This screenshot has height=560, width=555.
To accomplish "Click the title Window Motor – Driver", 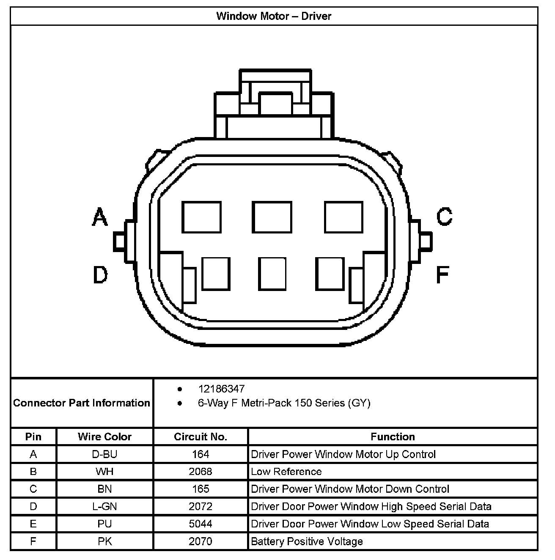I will (274, 16).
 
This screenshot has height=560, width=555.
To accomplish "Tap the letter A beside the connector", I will (100, 217).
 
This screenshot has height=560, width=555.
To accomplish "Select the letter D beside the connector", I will (100, 275).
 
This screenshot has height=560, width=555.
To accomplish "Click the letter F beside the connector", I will (442, 275).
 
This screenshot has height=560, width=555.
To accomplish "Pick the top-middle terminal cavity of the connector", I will (272, 217).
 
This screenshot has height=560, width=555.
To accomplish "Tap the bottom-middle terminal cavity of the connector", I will (272, 274).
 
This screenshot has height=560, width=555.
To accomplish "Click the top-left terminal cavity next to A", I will (201, 217).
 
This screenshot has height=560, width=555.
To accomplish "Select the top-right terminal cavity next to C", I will (343, 217).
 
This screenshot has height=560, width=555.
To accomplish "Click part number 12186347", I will (221, 389).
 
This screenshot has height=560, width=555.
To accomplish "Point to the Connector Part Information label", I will (82, 403).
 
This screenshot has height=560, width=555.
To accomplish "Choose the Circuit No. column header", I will (201, 437).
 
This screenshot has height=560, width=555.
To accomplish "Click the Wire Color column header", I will (104, 437).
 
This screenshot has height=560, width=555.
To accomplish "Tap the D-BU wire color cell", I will (104, 454).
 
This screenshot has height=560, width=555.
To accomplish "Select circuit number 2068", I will (201, 472).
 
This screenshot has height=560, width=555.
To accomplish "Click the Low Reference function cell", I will (286, 472).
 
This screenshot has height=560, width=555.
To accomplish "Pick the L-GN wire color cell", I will (104, 506).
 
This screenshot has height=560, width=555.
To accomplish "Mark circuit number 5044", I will (201, 524).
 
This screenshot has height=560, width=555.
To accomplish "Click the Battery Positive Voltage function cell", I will (307, 541).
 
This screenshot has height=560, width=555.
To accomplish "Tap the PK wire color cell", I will (104, 541).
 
